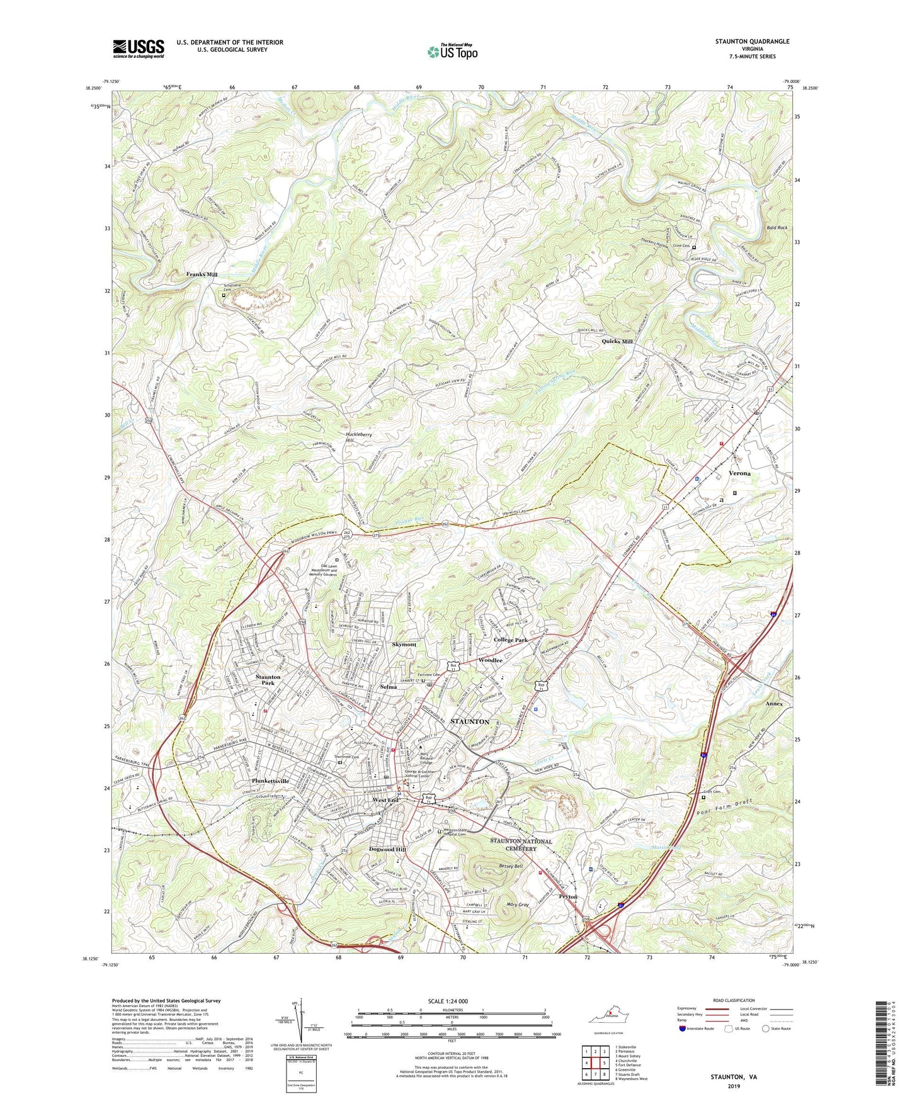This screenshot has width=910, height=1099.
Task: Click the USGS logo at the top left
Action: point(139,48)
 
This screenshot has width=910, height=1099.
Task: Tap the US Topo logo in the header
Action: point(452,52)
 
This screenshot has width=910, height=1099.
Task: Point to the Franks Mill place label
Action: point(202,275)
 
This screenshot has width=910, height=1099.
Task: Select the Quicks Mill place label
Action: point(617,341)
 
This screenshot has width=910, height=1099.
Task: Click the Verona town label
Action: point(739,473)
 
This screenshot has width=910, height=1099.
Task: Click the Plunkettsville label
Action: point(270,781)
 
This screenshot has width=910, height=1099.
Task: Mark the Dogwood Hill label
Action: point(387,849)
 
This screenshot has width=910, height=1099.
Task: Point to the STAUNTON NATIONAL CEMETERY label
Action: point(521,845)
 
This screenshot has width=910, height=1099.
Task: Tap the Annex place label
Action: point(774,704)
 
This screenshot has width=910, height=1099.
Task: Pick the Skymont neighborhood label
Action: point(404,645)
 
